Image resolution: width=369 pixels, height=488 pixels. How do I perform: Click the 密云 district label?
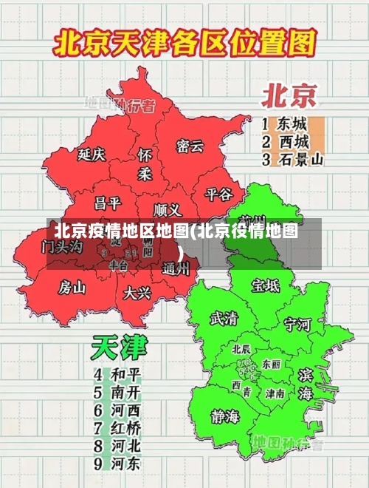pyautogui.click(x=190, y=146)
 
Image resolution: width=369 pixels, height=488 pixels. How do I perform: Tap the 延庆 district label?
pyautogui.click(x=92, y=155)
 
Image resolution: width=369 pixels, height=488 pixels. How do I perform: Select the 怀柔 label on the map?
pyautogui.click(x=145, y=164)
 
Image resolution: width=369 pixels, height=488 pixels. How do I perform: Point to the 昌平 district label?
pyautogui.click(x=107, y=203)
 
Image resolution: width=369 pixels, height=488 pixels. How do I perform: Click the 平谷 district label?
pyautogui.click(x=218, y=194)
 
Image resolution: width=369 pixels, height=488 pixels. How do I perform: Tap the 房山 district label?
pyautogui.click(x=72, y=287)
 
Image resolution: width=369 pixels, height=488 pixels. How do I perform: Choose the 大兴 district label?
pyautogui.click(x=137, y=293)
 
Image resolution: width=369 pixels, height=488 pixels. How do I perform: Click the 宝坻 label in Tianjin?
pyautogui.click(x=266, y=285)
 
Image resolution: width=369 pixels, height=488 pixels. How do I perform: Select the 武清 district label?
pyautogui.click(x=224, y=319)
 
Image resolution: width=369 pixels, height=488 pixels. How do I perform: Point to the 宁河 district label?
pyautogui.click(x=298, y=323)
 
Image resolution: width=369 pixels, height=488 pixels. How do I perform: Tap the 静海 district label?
pyautogui.click(x=225, y=416)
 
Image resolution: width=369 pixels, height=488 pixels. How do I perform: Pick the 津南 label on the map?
pyautogui.click(x=275, y=393)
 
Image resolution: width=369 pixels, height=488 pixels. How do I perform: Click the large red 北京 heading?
pyautogui.click(x=289, y=96)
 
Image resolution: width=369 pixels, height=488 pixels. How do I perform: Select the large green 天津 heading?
pyautogui.click(x=119, y=348)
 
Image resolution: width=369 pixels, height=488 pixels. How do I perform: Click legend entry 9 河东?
pyautogui.click(x=117, y=464)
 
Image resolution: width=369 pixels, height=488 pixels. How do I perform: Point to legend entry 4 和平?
pyautogui.click(x=117, y=373)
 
